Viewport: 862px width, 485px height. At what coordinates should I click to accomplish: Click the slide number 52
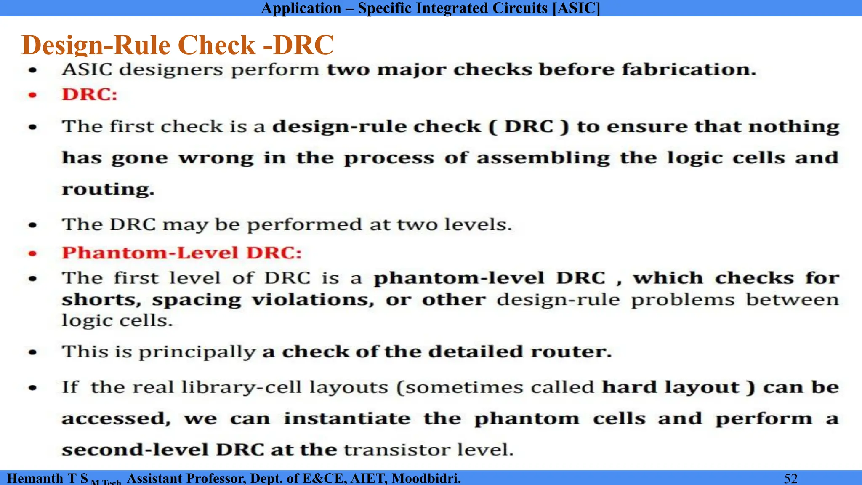pyautogui.click(x=791, y=478)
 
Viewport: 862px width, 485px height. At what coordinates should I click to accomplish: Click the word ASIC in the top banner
pyautogui.click(x=576, y=8)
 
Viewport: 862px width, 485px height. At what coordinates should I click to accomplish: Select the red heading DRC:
pyautogui.click(x=90, y=94)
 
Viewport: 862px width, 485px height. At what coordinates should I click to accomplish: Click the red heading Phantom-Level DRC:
pyautogui.click(x=182, y=253)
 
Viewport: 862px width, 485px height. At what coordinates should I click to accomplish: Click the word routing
pyautogui.click(x=108, y=189)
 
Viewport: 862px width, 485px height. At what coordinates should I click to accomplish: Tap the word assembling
pyautogui.click(x=543, y=158)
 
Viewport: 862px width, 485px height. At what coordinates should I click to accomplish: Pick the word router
pyautogui.click(x=571, y=352)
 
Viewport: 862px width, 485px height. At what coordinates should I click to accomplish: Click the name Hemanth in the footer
pyautogui.click(x=35, y=478)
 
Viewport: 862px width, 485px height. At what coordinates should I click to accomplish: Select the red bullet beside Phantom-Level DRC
pyautogui.click(x=32, y=253)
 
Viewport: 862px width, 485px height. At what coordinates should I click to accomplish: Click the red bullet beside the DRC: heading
pyautogui.click(x=32, y=95)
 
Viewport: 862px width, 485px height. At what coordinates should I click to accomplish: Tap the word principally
pyautogui.click(x=197, y=352)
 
